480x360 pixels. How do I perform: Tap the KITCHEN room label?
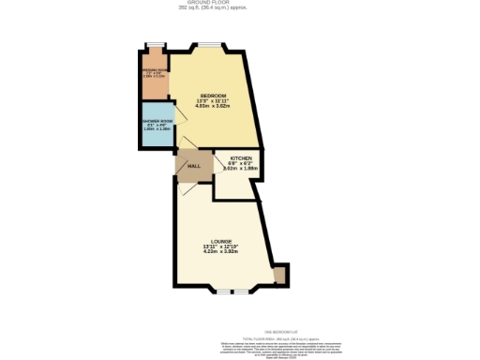(x=228, y=158)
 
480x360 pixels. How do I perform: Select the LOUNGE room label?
(x=221, y=241)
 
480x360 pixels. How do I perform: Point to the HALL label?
(x=194, y=166)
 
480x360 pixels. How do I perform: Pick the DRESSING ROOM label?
(x=154, y=68)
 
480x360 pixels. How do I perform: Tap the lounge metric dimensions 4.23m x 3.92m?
(x=221, y=252)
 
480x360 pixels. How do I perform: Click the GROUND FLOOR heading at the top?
(x=241, y=3)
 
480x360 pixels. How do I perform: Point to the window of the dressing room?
(x=153, y=44)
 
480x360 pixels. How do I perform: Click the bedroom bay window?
(x=209, y=45)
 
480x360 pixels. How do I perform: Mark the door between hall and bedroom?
(x=187, y=144)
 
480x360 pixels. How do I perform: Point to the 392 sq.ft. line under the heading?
(x=241, y=8)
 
